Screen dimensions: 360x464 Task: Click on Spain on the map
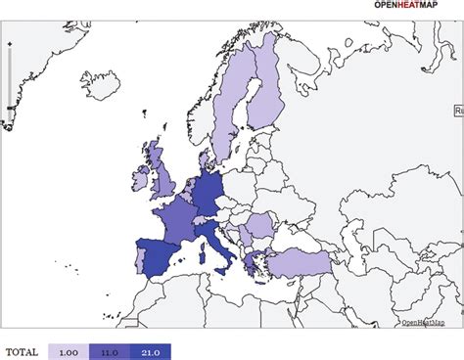[164, 256]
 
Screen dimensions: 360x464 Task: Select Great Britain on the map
[161, 176]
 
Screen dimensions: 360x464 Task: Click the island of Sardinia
[203, 257]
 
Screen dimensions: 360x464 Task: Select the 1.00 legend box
[69, 350]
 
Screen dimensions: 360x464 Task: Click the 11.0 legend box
[109, 350]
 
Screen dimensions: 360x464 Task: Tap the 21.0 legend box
[150, 350]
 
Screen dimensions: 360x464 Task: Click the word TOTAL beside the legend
[23, 350]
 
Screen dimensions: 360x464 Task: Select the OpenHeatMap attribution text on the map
[422, 322]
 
